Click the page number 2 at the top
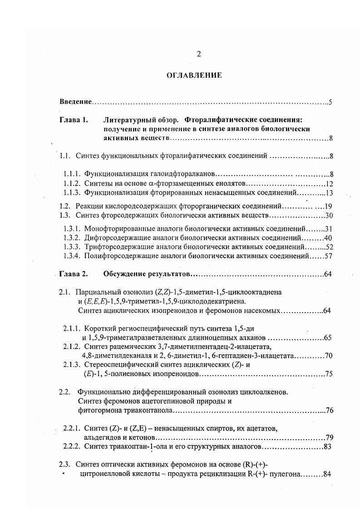(199, 54)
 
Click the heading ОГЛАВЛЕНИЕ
(194, 75)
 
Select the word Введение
(76, 102)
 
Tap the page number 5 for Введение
(331, 102)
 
